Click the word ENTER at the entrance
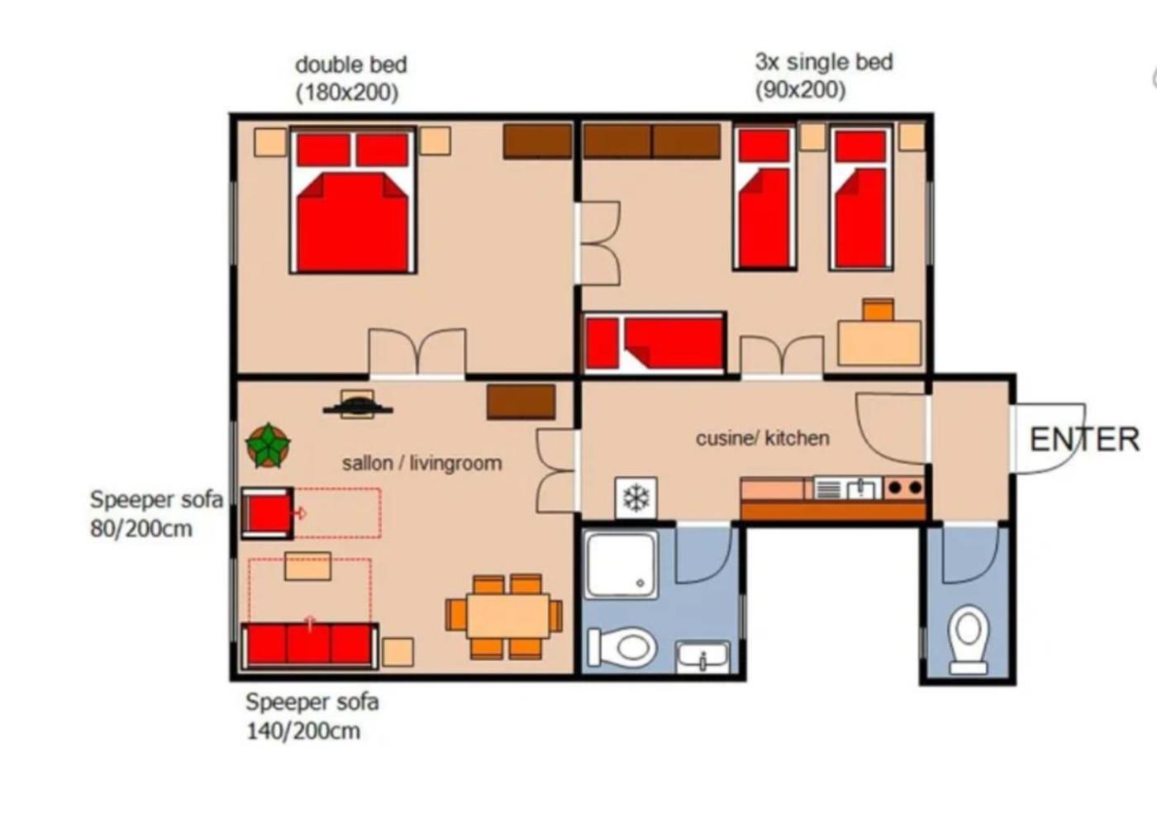pyautogui.click(x=1084, y=440)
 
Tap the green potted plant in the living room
pyautogui.click(x=268, y=445)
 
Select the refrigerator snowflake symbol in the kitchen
pyautogui.click(x=636, y=498)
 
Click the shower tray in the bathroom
pyautogui.click(x=621, y=565)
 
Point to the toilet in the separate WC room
pyautogui.click(x=969, y=640)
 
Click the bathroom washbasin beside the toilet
pyautogui.click(x=703, y=657)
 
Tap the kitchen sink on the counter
pyautogui.click(x=848, y=488)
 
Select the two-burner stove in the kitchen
pyautogui.click(x=905, y=488)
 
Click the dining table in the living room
pyautogui.click(x=507, y=617)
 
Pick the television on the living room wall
pyautogui.click(x=357, y=404)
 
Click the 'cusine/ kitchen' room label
pyautogui.click(x=762, y=439)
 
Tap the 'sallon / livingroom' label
pyautogui.click(x=422, y=464)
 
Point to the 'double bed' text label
pyautogui.click(x=351, y=65)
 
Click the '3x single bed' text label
pyautogui.click(x=824, y=62)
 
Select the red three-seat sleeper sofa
pyautogui.click(x=309, y=645)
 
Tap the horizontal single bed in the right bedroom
pyautogui.click(x=655, y=343)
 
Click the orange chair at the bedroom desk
pyautogui.click(x=878, y=310)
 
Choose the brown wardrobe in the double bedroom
pyautogui.click(x=538, y=141)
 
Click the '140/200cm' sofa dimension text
pyautogui.click(x=304, y=731)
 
